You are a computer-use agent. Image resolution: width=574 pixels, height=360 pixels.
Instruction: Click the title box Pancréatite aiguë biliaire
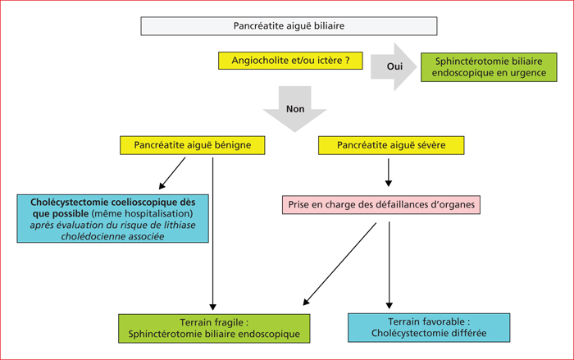pyautogui.click(x=289, y=26)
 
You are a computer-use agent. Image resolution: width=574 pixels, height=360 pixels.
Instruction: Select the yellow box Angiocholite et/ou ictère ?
pyautogui.click(x=290, y=61)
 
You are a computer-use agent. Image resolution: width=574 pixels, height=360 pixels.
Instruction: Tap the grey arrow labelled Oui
pyautogui.click(x=394, y=66)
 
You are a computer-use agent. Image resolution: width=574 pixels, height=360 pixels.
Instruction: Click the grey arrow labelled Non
pyautogui.click(x=294, y=109)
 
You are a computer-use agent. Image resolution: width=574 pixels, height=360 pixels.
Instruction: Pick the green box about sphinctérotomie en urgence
pyautogui.click(x=489, y=67)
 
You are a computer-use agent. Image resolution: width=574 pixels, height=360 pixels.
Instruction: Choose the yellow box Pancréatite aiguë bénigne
pyautogui.click(x=192, y=145)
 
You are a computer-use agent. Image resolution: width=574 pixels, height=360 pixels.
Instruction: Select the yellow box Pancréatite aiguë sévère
pyautogui.click(x=391, y=145)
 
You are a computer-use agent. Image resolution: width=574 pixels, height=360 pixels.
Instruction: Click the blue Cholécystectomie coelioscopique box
pyautogui.click(x=113, y=219)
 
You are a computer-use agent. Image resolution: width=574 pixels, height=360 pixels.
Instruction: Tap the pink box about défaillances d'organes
pyautogui.click(x=381, y=204)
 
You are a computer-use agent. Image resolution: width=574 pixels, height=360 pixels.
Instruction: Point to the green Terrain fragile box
pyautogui.click(x=214, y=329)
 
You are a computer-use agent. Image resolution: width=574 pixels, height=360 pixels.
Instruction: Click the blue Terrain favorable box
pyautogui.click(x=429, y=328)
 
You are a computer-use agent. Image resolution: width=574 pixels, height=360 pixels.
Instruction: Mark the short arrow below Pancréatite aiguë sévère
pyautogui.click(x=389, y=172)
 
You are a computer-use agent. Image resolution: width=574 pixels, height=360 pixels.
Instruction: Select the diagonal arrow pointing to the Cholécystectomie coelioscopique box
pyautogui.click(x=172, y=173)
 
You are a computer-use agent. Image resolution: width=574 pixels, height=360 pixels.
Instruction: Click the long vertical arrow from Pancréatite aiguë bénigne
pyautogui.click(x=212, y=234)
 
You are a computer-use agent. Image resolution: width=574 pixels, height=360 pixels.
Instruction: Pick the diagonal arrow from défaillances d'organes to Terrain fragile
pyautogui.click(x=339, y=264)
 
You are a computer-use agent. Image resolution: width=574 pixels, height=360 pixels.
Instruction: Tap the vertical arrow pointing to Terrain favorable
pyautogui.click(x=389, y=265)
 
